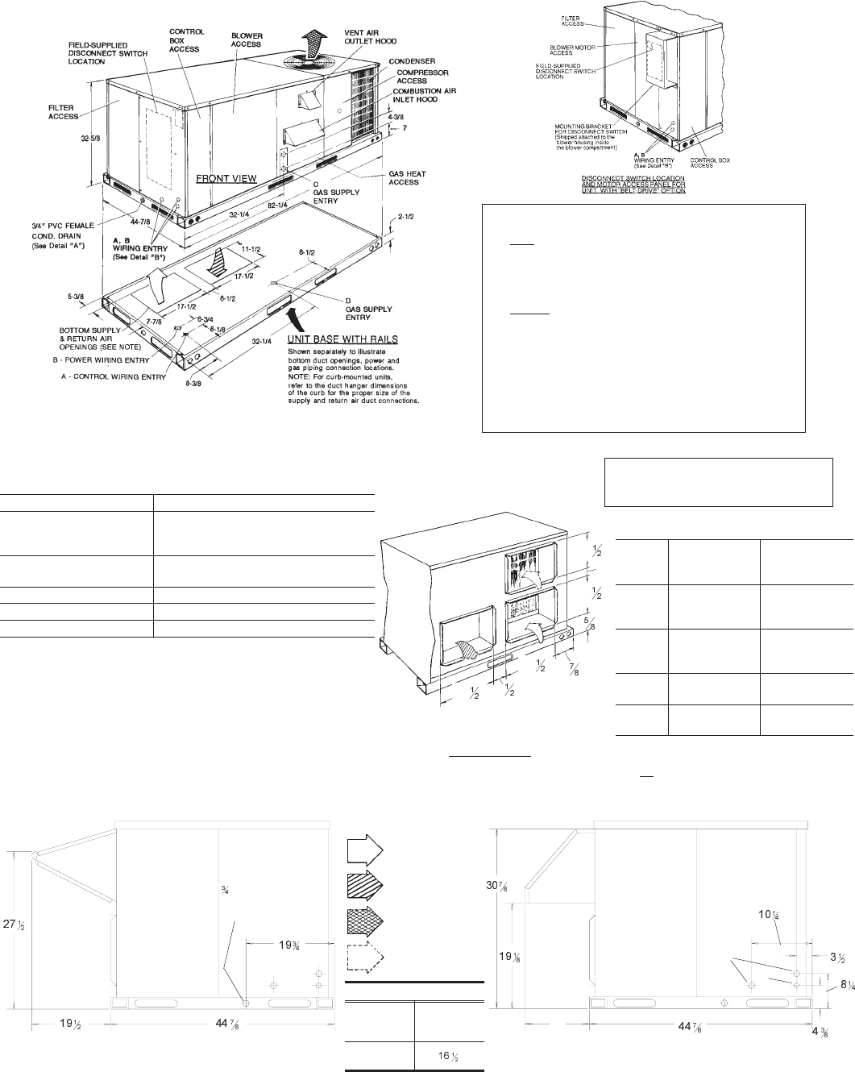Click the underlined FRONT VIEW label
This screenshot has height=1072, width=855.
click(x=227, y=178)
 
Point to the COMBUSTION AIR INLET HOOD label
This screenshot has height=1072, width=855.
click(x=425, y=95)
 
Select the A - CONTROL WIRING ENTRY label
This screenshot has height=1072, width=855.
click(x=113, y=376)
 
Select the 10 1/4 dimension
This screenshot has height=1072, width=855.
click(x=770, y=914)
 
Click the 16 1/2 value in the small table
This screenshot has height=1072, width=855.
click(x=448, y=1055)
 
